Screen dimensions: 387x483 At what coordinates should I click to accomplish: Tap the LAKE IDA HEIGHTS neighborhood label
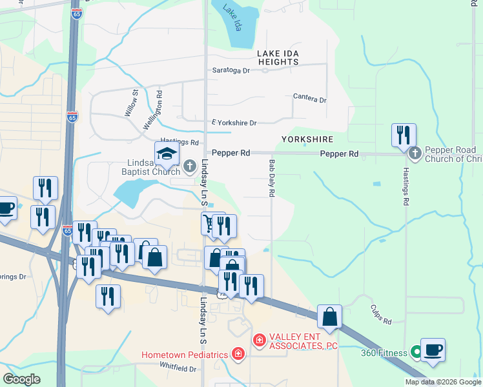pyautogui.click(x=278, y=57)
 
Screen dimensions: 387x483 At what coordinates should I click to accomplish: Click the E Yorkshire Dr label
pyautogui.click(x=234, y=123)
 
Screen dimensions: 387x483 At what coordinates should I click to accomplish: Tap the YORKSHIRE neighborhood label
pyautogui.click(x=307, y=139)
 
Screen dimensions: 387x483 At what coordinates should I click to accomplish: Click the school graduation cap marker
pyautogui.click(x=167, y=154)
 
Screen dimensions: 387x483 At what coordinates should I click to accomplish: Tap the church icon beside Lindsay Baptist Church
pyautogui.click(x=189, y=166)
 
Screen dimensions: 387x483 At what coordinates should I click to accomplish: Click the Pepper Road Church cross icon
pyautogui.click(x=415, y=154)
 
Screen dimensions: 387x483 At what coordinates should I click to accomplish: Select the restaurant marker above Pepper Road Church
pyautogui.click(x=404, y=135)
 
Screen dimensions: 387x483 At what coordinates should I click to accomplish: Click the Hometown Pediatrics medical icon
pyautogui.click(x=238, y=353)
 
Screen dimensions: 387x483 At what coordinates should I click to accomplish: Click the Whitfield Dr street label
pyautogui.click(x=178, y=368)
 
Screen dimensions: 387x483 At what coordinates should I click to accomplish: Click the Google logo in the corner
pyautogui.click(x=23, y=379)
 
